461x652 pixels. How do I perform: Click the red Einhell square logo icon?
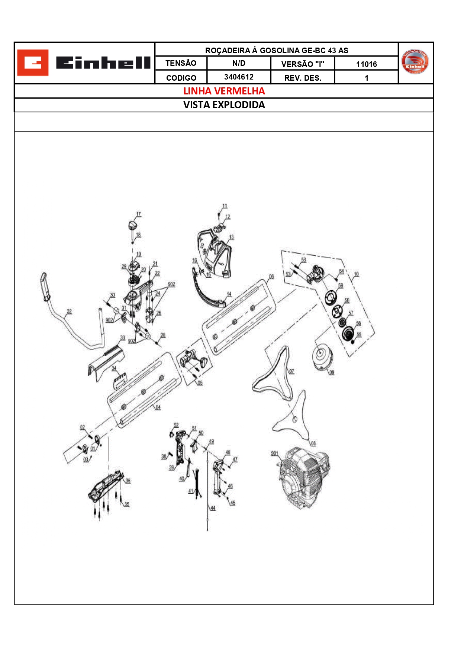33,62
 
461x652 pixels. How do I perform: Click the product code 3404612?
239,77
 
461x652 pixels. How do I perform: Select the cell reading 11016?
366,64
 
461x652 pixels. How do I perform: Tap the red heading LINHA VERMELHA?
224,91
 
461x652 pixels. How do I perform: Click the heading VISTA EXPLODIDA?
224,105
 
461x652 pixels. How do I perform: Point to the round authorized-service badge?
415,62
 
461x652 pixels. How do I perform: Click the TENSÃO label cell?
181,63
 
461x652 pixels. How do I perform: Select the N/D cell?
239,63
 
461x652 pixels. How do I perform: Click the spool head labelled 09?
321,356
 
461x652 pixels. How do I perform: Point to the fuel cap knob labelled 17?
132,225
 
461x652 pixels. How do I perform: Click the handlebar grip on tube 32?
44,287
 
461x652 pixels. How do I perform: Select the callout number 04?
158,407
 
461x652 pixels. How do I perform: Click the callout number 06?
271,277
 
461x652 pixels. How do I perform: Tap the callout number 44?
213,508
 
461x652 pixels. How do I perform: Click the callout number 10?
356,274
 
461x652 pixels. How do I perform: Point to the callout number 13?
231,237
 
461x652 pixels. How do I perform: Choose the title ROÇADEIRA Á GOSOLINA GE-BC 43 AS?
277,50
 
